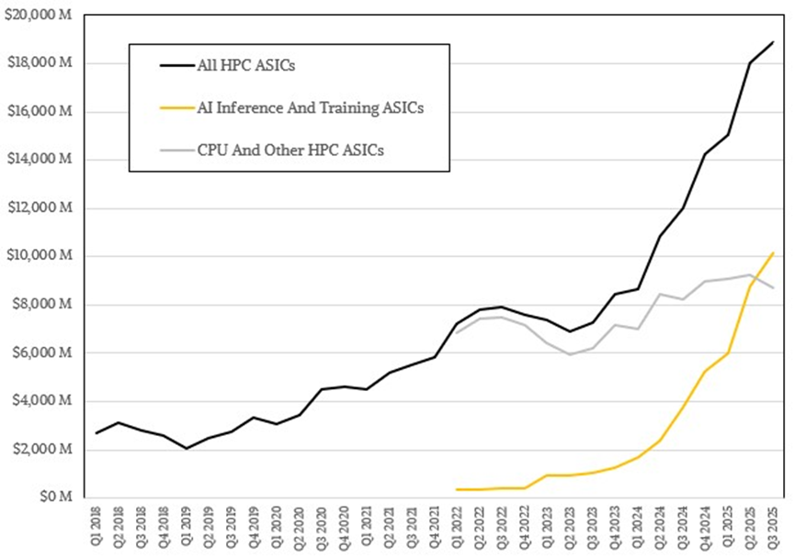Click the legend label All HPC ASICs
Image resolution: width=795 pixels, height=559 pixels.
(241, 65)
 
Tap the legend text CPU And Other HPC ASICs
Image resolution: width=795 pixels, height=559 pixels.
(290, 150)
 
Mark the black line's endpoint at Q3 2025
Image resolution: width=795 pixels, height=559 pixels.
(773, 42)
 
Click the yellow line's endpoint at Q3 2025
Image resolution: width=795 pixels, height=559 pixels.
(773, 252)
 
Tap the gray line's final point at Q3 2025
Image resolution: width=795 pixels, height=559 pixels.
(773, 287)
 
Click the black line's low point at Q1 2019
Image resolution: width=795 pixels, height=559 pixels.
(187, 448)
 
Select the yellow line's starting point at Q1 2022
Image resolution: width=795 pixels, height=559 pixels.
(458, 489)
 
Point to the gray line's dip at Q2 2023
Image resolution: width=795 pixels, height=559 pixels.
(570, 354)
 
